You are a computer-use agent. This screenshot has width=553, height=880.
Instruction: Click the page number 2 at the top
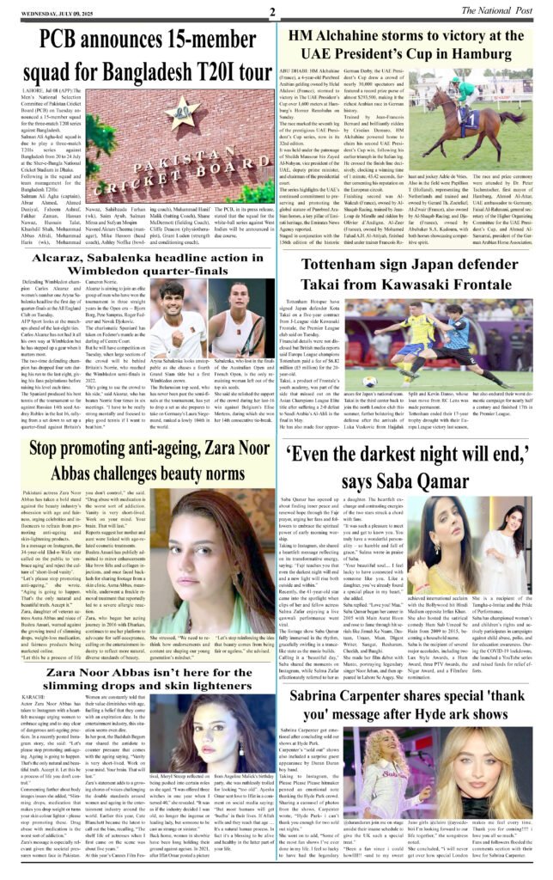click(270, 12)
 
